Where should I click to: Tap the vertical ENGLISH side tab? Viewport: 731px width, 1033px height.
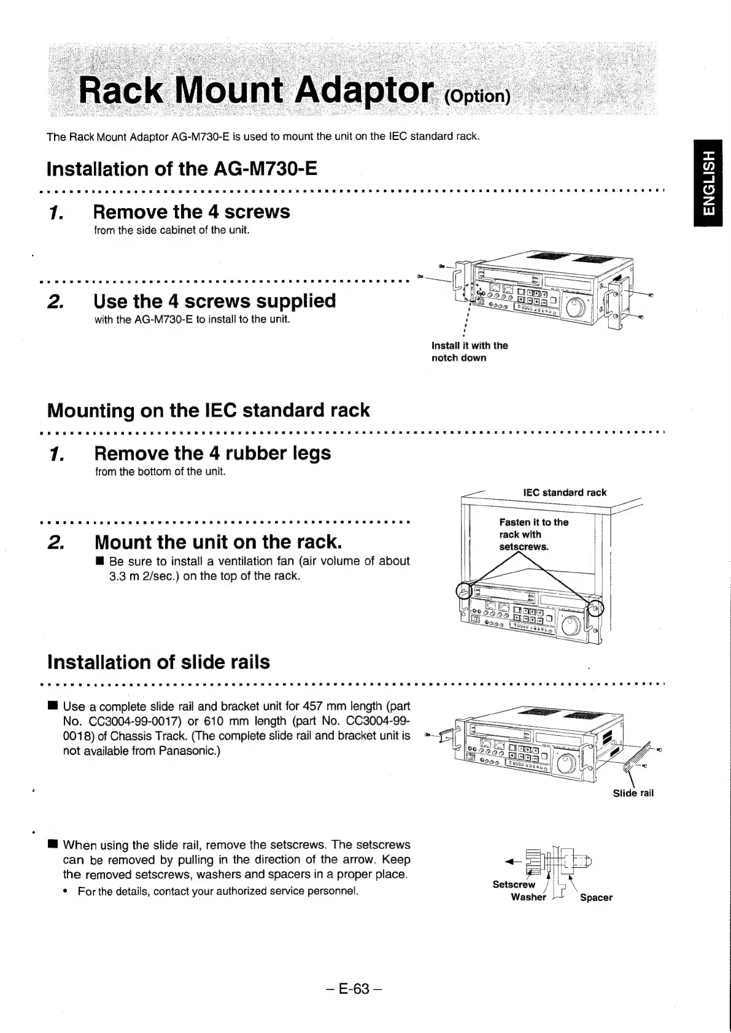click(x=709, y=183)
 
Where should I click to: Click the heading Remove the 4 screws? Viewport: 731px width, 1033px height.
click(x=191, y=212)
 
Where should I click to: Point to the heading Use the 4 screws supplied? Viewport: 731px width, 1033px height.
click(x=215, y=301)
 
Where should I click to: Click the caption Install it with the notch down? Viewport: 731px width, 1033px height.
click(x=470, y=352)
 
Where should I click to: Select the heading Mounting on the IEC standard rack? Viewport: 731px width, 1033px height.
click(x=209, y=410)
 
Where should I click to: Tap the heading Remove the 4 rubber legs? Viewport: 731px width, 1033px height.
click(x=212, y=453)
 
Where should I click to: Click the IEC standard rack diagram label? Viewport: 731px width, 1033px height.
click(x=564, y=492)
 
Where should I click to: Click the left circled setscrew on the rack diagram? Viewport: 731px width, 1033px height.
click(x=465, y=591)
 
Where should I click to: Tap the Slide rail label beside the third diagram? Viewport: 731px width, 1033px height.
click(x=633, y=793)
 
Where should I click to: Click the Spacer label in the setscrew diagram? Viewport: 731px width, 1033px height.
click(x=596, y=897)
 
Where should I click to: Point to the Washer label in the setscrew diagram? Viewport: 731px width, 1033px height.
click(x=528, y=897)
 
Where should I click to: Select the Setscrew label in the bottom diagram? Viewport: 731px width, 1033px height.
click(x=514, y=884)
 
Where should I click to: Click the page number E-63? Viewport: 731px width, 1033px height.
click(x=355, y=989)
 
